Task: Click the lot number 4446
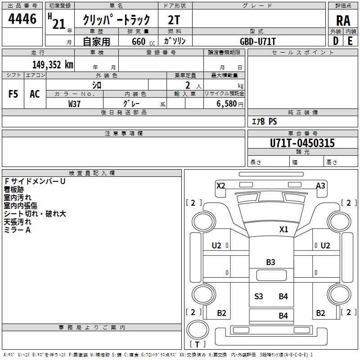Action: coord(22,19)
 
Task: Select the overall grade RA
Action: coord(343,21)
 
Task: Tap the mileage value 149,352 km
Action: coord(53,65)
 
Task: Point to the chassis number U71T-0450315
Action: coord(302,143)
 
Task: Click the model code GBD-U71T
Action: coord(257,41)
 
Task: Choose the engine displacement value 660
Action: coord(139,41)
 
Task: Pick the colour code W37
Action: coord(74,104)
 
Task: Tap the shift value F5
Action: coord(13,94)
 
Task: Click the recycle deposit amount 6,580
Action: coord(227,104)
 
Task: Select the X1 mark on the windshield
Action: coord(283,229)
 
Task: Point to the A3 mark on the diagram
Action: coord(320,185)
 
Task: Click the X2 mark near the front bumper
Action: coord(220,185)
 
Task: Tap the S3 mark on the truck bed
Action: coord(258,297)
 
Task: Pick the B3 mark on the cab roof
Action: coord(270,262)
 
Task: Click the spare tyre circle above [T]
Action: coord(198,329)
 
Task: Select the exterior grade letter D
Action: coord(336,41)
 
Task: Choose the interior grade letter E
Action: coord(350,41)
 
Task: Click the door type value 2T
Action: coord(174,20)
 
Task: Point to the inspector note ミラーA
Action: coord(17,230)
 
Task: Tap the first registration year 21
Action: coord(59,24)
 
